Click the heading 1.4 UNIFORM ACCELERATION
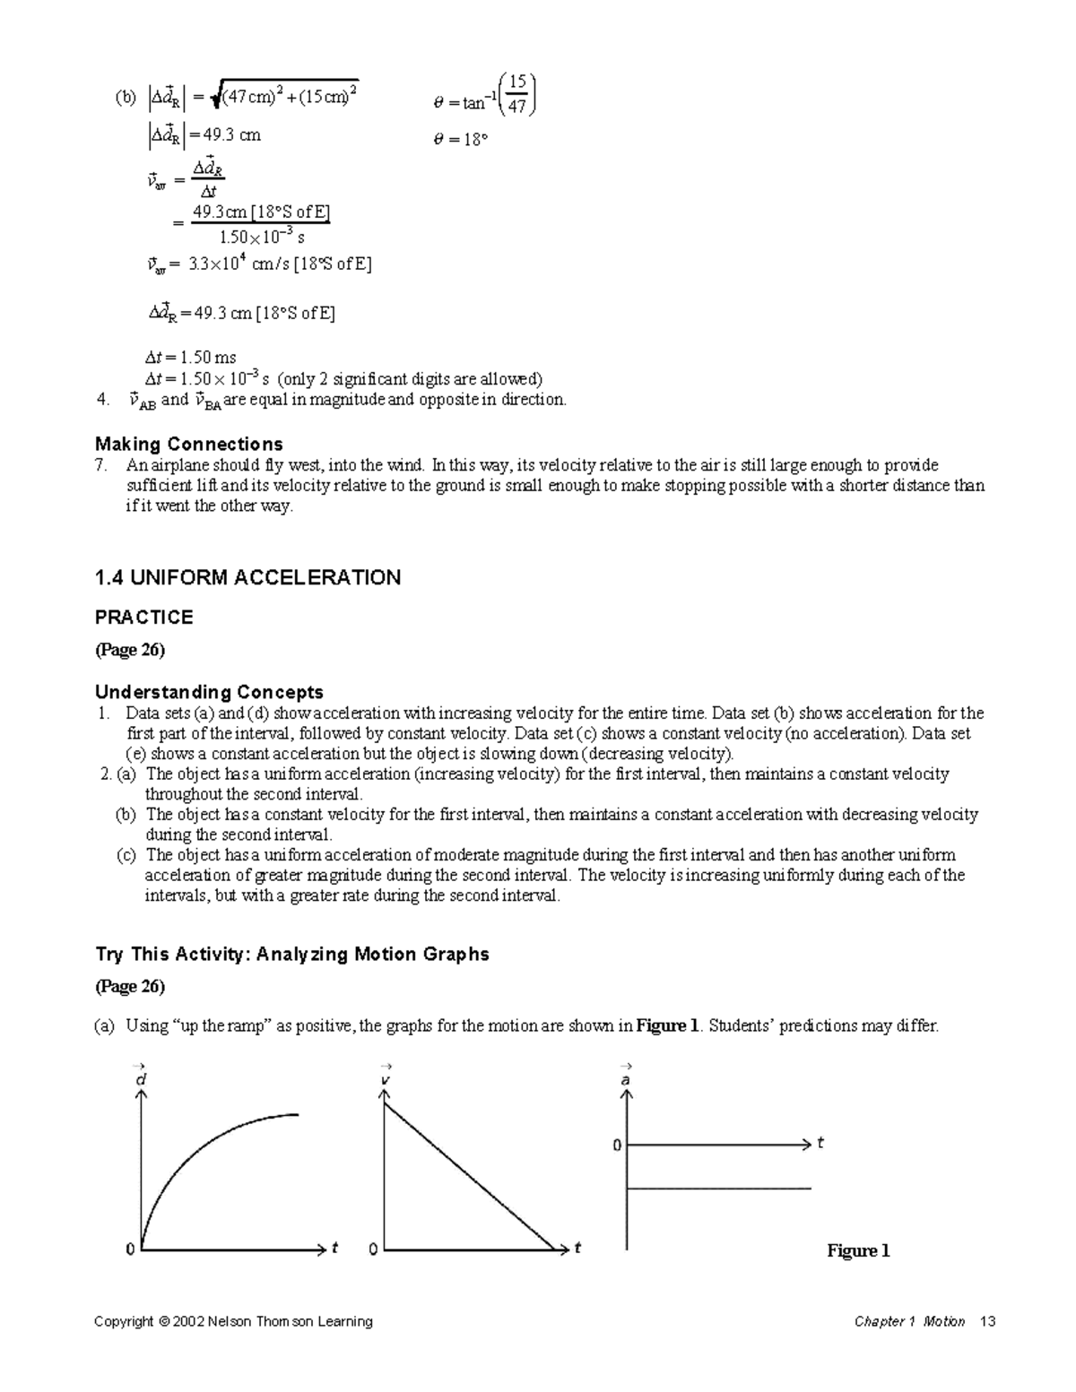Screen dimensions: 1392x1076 click(247, 578)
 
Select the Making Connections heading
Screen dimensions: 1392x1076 click(189, 445)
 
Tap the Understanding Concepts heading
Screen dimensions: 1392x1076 click(209, 693)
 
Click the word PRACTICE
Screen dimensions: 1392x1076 click(143, 618)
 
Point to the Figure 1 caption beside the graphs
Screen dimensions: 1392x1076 click(858, 1250)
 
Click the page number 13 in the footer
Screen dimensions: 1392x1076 click(988, 1321)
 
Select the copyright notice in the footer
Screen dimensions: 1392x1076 click(233, 1321)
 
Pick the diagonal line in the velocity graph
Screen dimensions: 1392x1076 click(466, 1174)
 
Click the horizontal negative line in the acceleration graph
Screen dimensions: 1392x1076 click(717, 1189)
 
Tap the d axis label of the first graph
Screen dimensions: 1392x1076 click(140, 1078)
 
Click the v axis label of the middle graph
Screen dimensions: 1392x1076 click(384, 1078)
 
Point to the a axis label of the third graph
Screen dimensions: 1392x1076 click(626, 1078)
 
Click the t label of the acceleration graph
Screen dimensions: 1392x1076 click(820, 1144)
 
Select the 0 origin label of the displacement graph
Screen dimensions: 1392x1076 click(130, 1249)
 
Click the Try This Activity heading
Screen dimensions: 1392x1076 click(292, 955)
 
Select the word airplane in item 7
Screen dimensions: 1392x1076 click(176, 465)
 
